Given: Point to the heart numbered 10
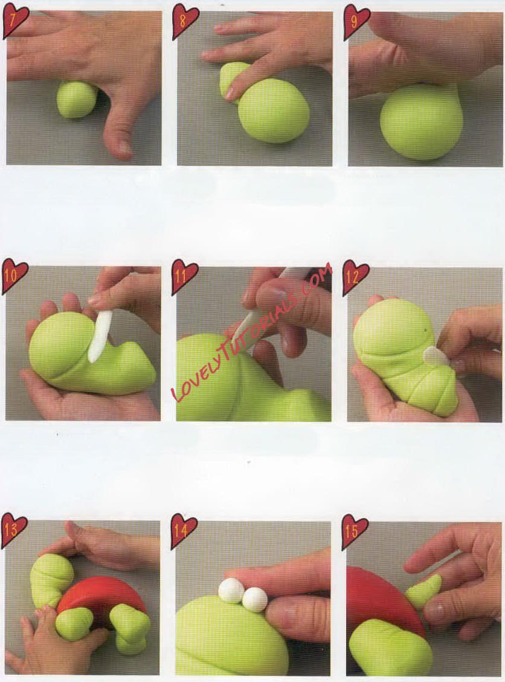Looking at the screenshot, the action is pos(14,276).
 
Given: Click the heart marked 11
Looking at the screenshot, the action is pos(185,276).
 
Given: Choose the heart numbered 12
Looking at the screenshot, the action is pos(356,276).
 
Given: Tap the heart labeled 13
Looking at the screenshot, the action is pos(14,530).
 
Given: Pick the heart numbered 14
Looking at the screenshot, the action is pos(185,530).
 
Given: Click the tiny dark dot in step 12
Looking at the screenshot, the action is pos(425,331).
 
